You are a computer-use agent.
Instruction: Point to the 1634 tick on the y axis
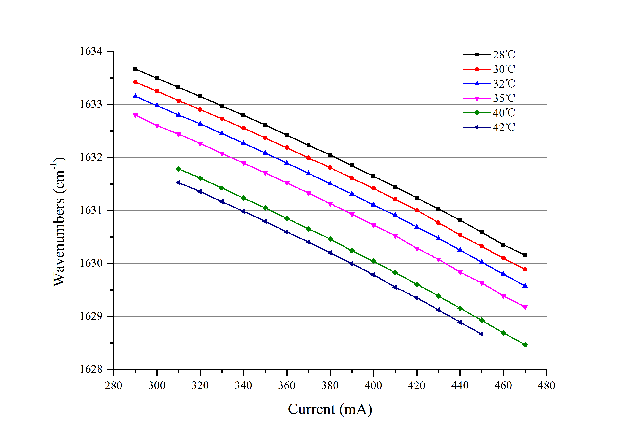[x=91, y=51]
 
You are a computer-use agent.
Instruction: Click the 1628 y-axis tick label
[x=91, y=369]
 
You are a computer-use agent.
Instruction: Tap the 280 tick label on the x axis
[x=113, y=385]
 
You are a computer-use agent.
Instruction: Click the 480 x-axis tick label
[x=546, y=385]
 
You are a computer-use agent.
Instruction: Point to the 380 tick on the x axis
[x=330, y=385]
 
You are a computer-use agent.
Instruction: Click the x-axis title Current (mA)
[x=330, y=409]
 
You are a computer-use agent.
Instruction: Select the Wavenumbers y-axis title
[x=59, y=222]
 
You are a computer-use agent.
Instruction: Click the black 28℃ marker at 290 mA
[x=135, y=69]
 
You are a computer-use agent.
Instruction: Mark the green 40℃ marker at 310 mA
[x=179, y=169]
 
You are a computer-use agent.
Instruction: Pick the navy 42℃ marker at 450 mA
[x=481, y=334]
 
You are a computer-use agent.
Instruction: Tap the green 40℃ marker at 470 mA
[x=525, y=345]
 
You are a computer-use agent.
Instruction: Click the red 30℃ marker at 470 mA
[x=525, y=269]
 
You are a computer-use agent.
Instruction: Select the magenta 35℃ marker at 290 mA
[x=135, y=115]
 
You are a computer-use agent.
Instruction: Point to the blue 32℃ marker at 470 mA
[x=525, y=285]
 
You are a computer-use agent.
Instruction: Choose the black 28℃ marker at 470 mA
[x=525, y=255]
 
